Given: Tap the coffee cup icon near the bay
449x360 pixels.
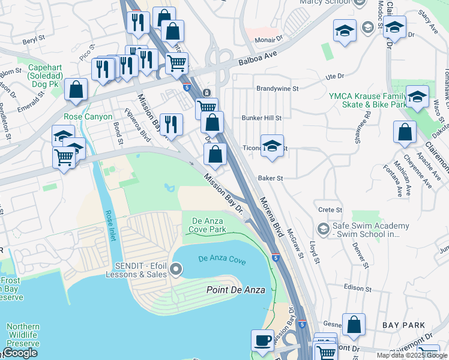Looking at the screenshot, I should coord(262,340).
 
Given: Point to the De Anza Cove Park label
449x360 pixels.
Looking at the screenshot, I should coord(208,225).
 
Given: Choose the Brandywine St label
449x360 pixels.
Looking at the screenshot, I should coord(277,88).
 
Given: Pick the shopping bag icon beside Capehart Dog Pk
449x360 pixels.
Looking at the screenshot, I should coord(76,90).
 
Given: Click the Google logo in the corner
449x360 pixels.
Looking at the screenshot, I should coord(20,353).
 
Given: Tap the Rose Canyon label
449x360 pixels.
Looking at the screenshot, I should coord(88,116).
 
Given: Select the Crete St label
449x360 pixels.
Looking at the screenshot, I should coord(330,210).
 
